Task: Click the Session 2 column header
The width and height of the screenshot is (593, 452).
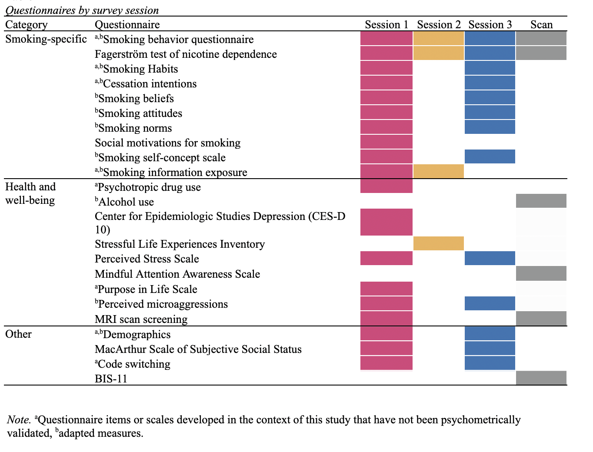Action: pyautogui.click(x=439, y=25)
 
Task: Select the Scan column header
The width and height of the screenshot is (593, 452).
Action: pyautogui.click(x=541, y=25)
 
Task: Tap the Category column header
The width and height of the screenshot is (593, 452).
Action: pyautogui.click(x=26, y=25)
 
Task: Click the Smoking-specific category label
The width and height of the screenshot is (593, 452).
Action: pyautogui.click(x=46, y=39)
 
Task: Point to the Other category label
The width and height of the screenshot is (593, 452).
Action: pyautogui.click(x=18, y=334)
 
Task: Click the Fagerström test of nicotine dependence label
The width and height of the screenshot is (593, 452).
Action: pyautogui.click(x=186, y=54)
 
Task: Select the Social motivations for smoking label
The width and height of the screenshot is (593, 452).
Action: pyautogui.click(x=167, y=143)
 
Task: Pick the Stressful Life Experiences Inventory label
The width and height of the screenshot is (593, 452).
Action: pyautogui.click(x=180, y=244)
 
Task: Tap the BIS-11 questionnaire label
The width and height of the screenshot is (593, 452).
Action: pyautogui.click(x=111, y=379)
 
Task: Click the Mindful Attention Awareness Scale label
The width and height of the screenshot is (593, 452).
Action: pyautogui.click(x=177, y=274)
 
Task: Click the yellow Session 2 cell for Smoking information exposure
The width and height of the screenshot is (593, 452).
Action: pyautogui.click(x=439, y=172)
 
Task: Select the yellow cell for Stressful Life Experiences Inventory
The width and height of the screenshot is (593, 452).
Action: pyautogui.click(x=439, y=243)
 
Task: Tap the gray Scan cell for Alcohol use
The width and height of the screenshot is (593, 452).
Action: pyautogui.click(x=541, y=201)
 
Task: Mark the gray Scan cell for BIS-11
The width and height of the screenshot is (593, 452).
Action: pyautogui.click(x=541, y=378)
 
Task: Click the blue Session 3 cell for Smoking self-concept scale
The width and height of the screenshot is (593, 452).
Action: pyautogui.click(x=490, y=156)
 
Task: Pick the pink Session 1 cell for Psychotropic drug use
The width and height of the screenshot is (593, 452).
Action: pyautogui.click(x=386, y=186)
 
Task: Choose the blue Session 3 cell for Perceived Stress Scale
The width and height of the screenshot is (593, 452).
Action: pyautogui.click(x=490, y=258)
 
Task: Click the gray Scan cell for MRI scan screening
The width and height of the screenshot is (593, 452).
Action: pyautogui.click(x=541, y=319)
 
